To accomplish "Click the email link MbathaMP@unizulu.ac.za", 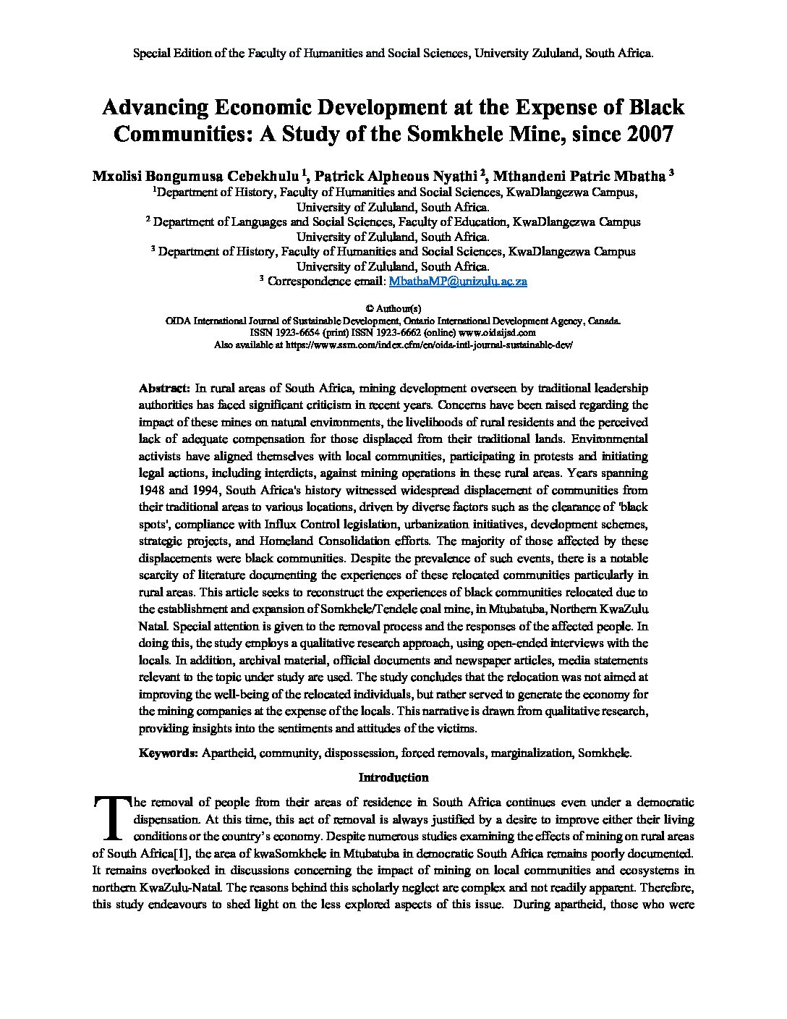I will click(x=458, y=282).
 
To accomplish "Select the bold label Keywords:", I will click(x=169, y=753).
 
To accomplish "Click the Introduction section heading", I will click(x=393, y=777).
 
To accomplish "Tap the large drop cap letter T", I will click(x=111, y=816).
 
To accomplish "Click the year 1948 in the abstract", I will click(x=152, y=489).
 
